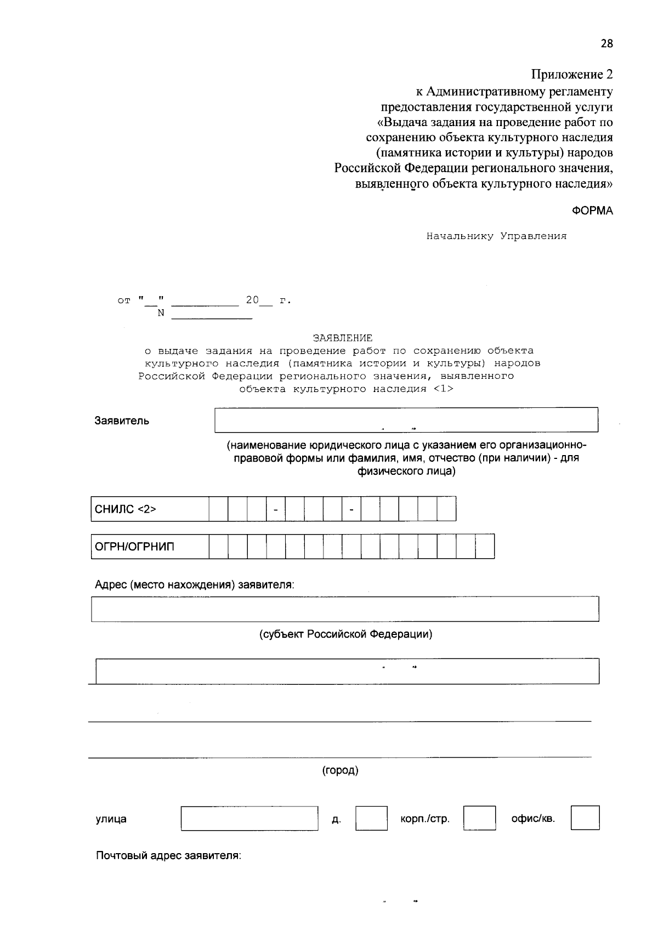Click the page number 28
(x=606, y=44)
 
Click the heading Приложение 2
(x=571, y=75)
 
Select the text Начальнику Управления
(x=496, y=236)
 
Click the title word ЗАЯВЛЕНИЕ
(x=342, y=338)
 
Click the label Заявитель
(x=122, y=421)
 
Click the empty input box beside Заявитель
(x=406, y=420)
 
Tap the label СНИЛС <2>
(x=126, y=509)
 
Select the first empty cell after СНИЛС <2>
(x=218, y=509)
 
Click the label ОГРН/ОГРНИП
(x=134, y=547)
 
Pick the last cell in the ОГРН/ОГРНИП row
(x=485, y=547)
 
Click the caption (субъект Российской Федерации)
(x=345, y=634)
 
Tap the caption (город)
(x=340, y=770)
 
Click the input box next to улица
(x=249, y=818)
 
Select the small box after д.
(x=371, y=818)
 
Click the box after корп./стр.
(x=479, y=818)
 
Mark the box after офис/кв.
(x=585, y=818)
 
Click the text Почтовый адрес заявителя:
(x=168, y=855)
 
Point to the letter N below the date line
(x=161, y=314)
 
